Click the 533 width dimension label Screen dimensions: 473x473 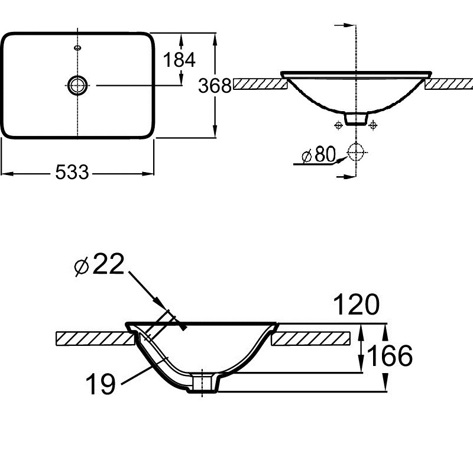click(x=72, y=172)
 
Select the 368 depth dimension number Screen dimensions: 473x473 click(x=215, y=85)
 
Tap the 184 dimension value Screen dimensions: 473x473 click(x=179, y=60)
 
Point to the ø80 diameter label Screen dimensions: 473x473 click(x=319, y=154)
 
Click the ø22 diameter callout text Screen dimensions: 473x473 click(x=99, y=264)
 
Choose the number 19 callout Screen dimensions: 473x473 click(x=101, y=383)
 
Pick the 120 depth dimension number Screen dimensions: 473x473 click(x=357, y=304)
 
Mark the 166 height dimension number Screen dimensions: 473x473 click(x=390, y=356)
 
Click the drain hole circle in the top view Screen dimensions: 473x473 click(x=78, y=85)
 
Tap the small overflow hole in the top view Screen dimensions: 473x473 click(x=78, y=47)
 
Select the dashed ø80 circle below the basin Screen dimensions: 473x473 click(x=356, y=152)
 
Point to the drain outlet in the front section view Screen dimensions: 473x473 click(x=357, y=118)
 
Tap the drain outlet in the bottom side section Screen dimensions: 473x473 click(x=204, y=383)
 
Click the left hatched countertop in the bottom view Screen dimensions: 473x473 click(x=95, y=338)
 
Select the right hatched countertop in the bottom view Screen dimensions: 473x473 click(x=311, y=338)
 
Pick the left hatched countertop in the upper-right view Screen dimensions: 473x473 click(x=260, y=84)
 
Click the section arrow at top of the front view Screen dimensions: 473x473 click(x=345, y=25)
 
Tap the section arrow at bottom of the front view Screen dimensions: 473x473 click(x=346, y=176)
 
